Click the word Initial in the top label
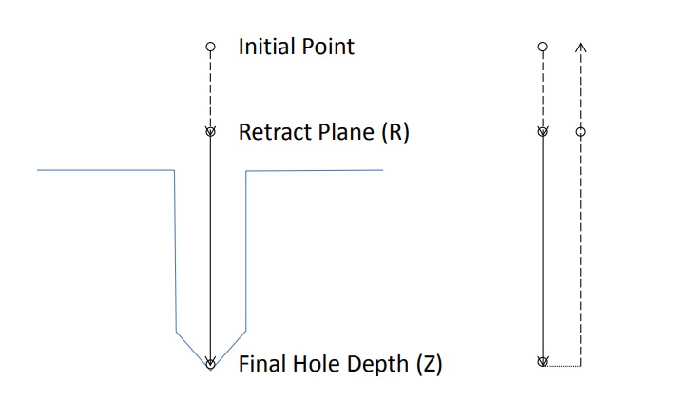click(266, 47)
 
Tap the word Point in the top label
click(328, 47)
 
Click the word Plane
click(346, 132)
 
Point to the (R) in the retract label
click(395, 132)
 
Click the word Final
click(262, 364)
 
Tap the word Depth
click(377, 365)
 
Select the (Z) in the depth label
click(429, 365)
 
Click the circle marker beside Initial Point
click(210, 47)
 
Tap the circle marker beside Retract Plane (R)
click(210, 131)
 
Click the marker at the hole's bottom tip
click(210, 364)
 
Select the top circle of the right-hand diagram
click(543, 47)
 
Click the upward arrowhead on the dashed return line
click(581, 47)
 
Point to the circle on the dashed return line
click(580, 132)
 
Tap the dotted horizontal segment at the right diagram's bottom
click(562, 366)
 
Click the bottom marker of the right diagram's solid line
click(543, 361)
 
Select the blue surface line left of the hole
click(106, 170)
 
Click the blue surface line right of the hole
click(315, 171)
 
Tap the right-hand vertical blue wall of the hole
click(246, 251)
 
